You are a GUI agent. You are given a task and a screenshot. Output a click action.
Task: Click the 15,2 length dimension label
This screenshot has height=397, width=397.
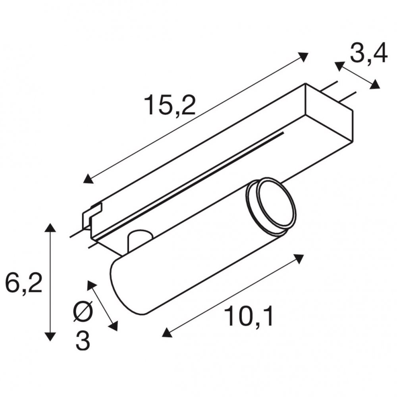coord(170,105)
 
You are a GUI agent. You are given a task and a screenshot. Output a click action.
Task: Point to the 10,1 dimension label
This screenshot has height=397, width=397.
coord(249,316)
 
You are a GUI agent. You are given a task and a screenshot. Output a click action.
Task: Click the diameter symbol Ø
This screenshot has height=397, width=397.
coord(83,311)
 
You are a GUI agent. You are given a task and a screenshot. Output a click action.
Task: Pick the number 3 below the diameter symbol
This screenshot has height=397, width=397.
coord(83,340)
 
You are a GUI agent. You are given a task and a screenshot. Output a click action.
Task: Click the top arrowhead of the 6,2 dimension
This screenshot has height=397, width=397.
coord(50,227)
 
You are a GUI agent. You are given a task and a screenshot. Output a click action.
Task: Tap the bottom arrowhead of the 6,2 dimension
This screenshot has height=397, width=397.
coord(50,337)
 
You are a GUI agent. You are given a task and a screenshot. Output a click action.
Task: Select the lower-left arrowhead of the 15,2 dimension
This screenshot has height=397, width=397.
coord(89,179)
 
